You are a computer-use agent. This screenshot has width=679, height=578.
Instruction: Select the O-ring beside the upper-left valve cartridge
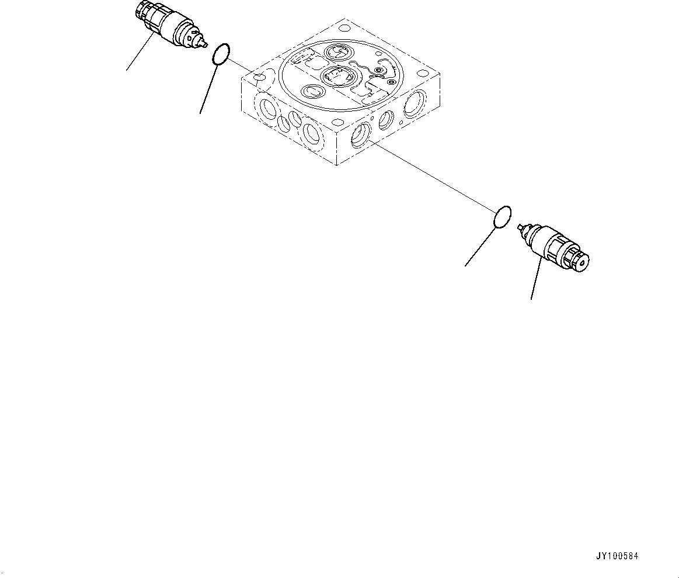(x=219, y=54)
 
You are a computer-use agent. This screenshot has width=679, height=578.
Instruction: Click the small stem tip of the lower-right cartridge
(x=520, y=227)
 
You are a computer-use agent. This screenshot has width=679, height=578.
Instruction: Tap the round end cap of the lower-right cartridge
(x=581, y=261)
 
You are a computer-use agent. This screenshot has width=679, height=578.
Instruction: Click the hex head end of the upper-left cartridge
(x=142, y=10)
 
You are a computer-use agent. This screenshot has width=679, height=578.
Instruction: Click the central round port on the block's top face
(x=334, y=75)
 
